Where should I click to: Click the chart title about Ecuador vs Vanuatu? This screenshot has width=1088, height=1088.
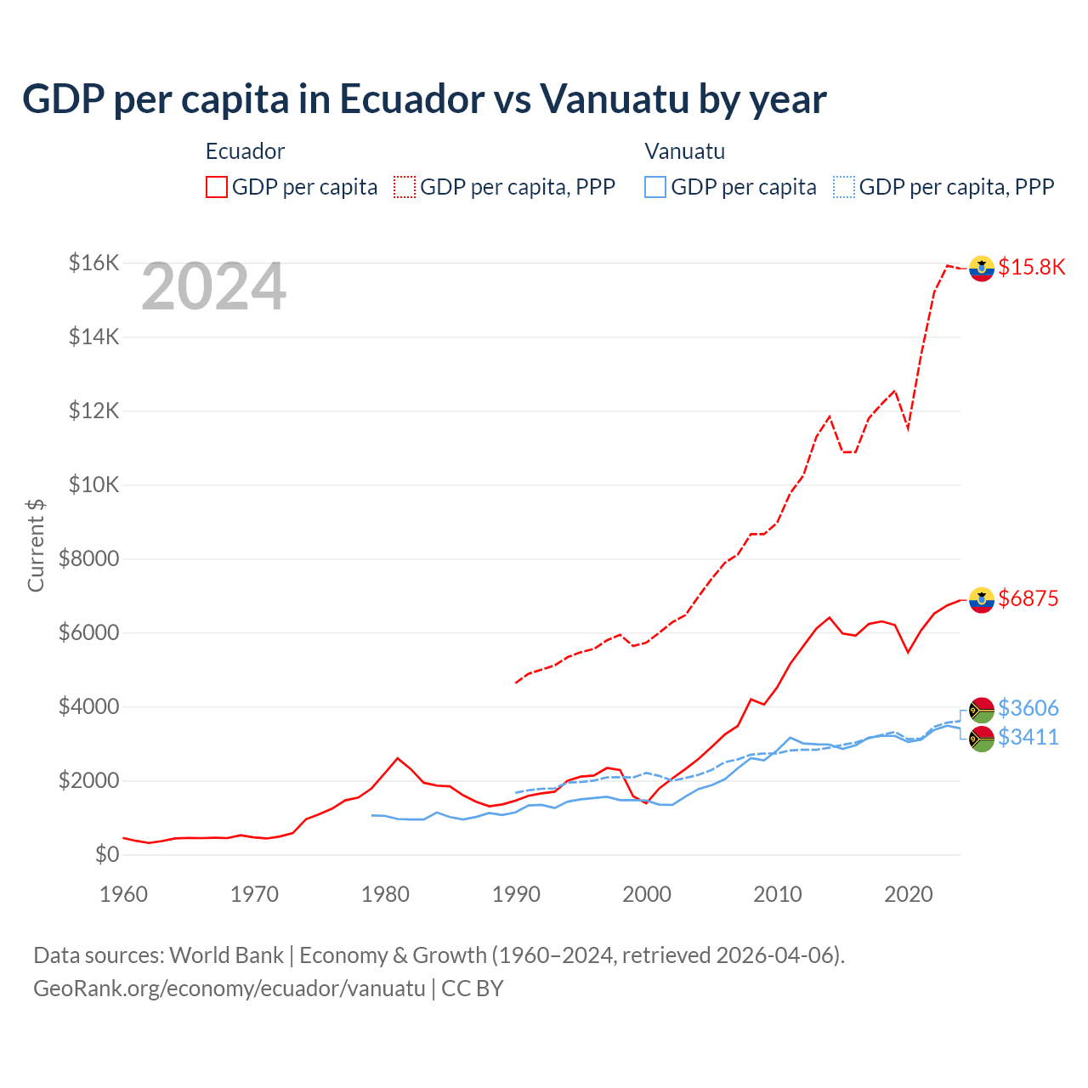pyautogui.click(x=424, y=99)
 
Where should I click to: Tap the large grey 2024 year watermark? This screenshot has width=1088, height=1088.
pyautogui.click(x=213, y=287)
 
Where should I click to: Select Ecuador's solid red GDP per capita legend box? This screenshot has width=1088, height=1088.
pyautogui.click(x=217, y=187)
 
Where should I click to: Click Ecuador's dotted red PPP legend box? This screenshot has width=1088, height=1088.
pyautogui.click(x=405, y=187)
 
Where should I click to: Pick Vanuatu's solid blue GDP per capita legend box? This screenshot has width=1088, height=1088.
pyautogui.click(x=655, y=187)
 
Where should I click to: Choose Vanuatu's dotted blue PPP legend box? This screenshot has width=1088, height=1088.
pyautogui.click(x=844, y=187)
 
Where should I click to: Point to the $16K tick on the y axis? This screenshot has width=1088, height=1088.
pyautogui.click(x=93, y=263)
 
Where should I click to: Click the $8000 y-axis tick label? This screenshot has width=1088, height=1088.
pyautogui.click(x=88, y=559)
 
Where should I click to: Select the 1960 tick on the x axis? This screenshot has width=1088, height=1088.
pyautogui.click(x=124, y=894)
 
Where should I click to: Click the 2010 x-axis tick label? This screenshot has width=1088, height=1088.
pyautogui.click(x=778, y=894)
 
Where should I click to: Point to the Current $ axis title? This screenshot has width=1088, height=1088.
pyautogui.click(x=36, y=545)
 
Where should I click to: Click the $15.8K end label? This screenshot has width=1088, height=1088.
pyautogui.click(x=1031, y=267)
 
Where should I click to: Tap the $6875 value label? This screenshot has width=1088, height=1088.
pyautogui.click(x=1028, y=598)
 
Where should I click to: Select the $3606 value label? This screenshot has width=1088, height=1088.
pyautogui.click(x=1028, y=708)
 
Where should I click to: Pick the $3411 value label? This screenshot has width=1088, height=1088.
pyautogui.click(x=1028, y=737)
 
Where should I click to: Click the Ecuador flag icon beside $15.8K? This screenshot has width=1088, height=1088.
pyautogui.click(x=982, y=268)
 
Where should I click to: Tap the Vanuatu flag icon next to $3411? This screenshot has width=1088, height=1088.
pyautogui.click(x=982, y=739)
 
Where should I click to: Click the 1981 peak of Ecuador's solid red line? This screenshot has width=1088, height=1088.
pyautogui.click(x=398, y=757)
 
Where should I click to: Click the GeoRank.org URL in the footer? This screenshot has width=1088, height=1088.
pyautogui.click(x=229, y=989)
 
